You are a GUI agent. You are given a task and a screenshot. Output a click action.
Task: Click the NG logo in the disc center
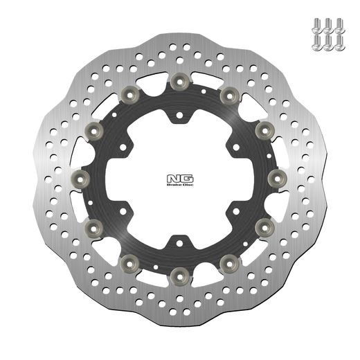[x=177, y=179]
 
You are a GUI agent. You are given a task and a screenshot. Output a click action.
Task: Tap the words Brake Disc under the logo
[x=177, y=186]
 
